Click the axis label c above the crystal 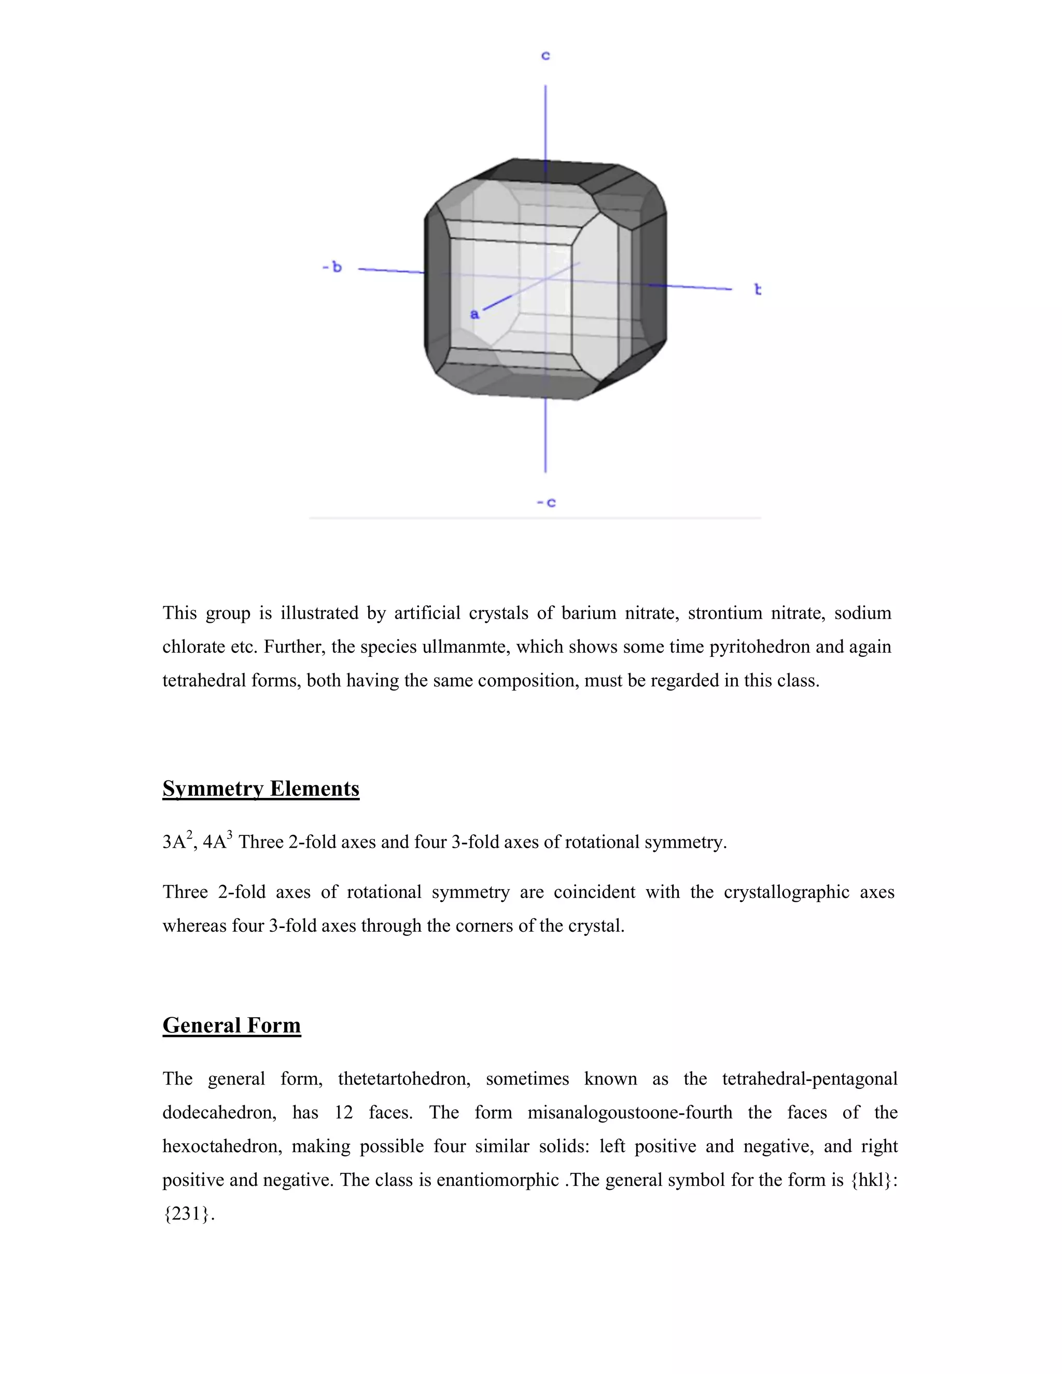click(546, 56)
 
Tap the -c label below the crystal click(546, 502)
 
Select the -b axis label click(332, 268)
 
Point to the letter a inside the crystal click(474, 314)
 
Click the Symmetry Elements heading click(260, 789)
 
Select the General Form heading click(231, 1026)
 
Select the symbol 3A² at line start click(177, 842)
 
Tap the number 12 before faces click(343, 1113)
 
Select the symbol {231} click(188, 1214)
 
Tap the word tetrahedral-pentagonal click(809, 1079)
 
